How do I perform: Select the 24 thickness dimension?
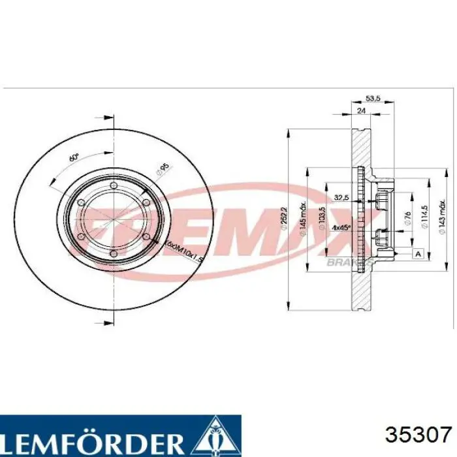click(361, 110)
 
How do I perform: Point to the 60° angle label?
click(73, 159)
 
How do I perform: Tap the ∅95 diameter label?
click(161, 170)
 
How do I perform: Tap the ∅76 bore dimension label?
click(406, 219)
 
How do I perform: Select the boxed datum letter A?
click(418, 253)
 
